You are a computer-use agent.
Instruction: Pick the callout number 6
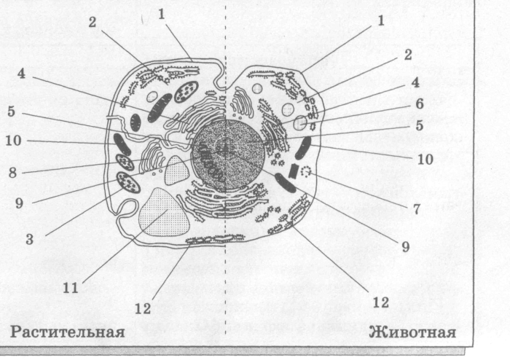(419, 104)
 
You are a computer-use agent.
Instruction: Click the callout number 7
(416, 208)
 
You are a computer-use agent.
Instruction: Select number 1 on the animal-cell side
(379, 21)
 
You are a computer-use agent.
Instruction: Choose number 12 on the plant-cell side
(144, 308)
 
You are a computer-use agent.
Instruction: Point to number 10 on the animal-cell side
(425, 158)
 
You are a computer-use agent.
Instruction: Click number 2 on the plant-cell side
(93, 22)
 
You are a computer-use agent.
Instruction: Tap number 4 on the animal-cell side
(415, 82)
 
